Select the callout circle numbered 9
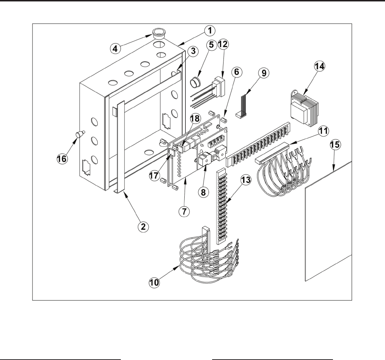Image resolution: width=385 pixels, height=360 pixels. pyautogui.click(x=263, y=73)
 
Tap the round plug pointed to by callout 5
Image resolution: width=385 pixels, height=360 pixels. pyautogui.click(x=195, y=84)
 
